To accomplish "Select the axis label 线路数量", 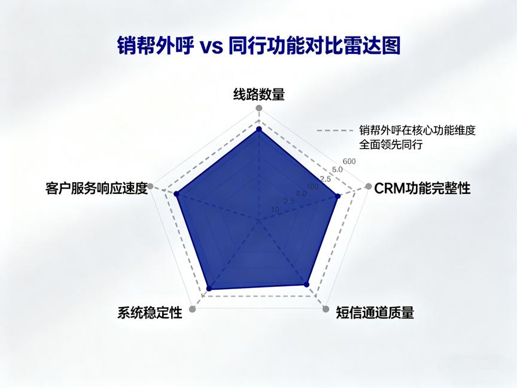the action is click(259, 95).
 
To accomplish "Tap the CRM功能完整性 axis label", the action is click(422, 189).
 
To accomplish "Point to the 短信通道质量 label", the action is click(375, 313).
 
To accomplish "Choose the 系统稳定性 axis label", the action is click(150, 313).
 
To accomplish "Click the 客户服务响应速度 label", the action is click(96, 189).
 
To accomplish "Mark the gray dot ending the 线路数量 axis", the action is click(259, 108).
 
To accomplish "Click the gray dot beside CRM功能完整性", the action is click(369, 186).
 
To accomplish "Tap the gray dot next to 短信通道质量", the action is click(326, 309).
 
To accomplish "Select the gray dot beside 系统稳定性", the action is click(193, 309).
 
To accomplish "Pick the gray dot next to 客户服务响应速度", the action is click(150, 186).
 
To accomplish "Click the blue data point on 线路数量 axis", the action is click(259, 129).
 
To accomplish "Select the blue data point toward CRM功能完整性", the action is click(337, 196).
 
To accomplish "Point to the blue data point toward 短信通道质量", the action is click(306, 284).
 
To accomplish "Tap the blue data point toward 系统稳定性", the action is click(208, 289).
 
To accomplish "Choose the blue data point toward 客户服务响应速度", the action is click(177, 193).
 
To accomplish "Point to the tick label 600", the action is click(349, 161).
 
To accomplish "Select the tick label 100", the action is click(312, 187).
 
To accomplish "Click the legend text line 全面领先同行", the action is click(391, 144).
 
